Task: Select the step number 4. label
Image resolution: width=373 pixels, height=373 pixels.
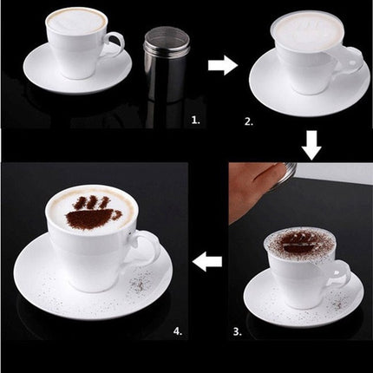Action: pyautogui.click(x=177, y=331)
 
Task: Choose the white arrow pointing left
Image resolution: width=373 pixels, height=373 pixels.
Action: pyautogui.click(x=208, y=260)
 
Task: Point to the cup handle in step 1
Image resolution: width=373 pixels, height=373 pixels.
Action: pyautogui.click(x=113, y=44)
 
